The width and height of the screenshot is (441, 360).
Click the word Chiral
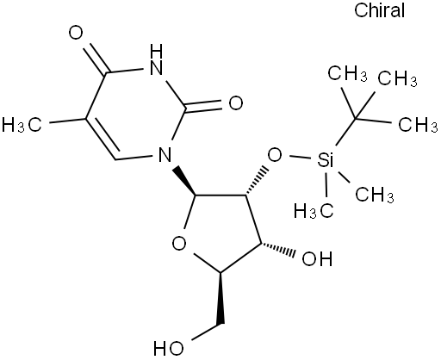[x=379, y=10]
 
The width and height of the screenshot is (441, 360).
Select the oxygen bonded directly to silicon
[x=275, y=155]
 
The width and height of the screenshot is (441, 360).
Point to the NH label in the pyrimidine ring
[x=157, y=60]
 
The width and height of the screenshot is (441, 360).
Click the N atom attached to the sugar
[x=165, y=154]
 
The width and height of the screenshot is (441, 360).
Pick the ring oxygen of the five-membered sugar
[x=179, y=244]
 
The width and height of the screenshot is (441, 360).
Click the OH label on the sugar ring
[x=317, y=258]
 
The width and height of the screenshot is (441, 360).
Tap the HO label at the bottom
[x=168, y=349]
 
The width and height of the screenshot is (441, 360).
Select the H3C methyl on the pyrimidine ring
[x=22, y=125]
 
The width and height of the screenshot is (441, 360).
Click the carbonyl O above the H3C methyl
[x=76, y=33]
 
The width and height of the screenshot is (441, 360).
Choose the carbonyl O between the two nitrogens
[x=236, y=103]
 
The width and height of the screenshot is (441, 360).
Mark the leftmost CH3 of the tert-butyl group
[x=347, y=74]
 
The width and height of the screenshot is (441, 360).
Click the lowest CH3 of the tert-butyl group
[x=418, y=124]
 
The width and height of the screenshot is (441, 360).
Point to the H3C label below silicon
[x=314, y=211]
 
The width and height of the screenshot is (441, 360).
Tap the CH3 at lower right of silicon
[x=375, y=195]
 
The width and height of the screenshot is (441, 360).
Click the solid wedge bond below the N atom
[x=184, y=180]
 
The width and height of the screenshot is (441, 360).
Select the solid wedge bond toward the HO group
[x=220, y=298]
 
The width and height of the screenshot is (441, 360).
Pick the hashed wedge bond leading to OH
[x=278, y=249]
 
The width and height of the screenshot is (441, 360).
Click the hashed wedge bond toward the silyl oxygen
[x=258, y=180]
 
